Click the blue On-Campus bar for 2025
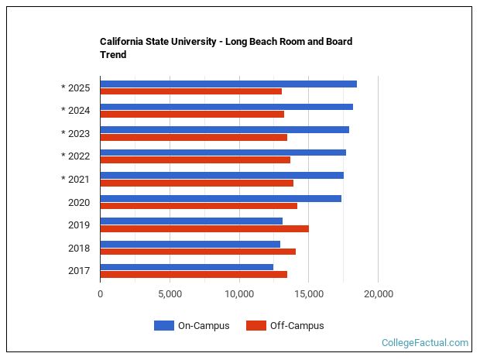(x=228, y=84)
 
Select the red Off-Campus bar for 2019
(x=204, y=228)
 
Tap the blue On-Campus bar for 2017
(x=187, y=267)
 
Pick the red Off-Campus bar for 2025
(x=190, y=91)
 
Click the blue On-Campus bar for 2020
(x=221, y=198)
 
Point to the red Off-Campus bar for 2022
(x=195, y=159)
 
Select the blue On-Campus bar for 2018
(x=190, y=244)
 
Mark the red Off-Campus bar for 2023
(x=194, y=137)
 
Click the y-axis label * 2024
(x=75, y=111)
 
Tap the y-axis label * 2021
(x=75, y=180)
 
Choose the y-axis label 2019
(x=79, y=225)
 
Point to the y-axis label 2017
(x=79, y=271)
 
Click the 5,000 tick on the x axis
(x=170, y=294)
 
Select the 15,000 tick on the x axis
(x=308, y=294)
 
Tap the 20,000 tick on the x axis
(x=378, y=294)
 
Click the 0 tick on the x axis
(x=100, y=294)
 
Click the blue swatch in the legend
(x=163, y=326)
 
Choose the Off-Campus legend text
(x=297, y=326)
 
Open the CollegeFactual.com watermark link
(x=425, y=342)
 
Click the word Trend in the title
(x=113, y=55)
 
